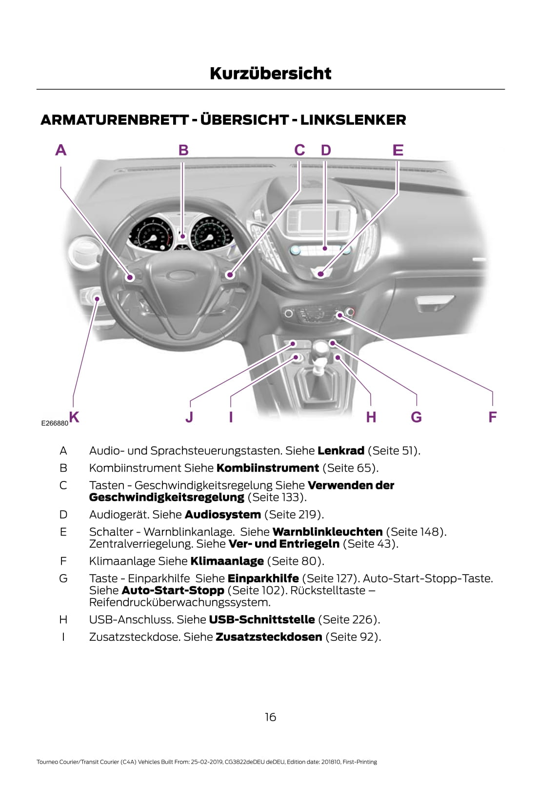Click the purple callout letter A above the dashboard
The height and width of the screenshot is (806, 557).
(x=60, y=150)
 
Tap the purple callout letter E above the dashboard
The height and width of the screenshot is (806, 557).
(x=398, y=150)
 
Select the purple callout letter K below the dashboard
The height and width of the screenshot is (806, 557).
(x=74, y=417)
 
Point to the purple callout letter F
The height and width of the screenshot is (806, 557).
(x=492, y=417)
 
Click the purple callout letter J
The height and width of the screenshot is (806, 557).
(x=189, y=417)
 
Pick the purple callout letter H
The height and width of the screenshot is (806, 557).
(x=371, y=417)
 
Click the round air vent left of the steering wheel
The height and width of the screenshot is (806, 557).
(x=85, y=253)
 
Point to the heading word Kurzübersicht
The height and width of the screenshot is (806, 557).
(x=270, y=74)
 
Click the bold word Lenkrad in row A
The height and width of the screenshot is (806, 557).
(x=340, y=451)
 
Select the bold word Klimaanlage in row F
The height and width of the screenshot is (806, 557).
(x=227, y=561)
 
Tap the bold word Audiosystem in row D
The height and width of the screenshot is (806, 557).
(x=222, y=515)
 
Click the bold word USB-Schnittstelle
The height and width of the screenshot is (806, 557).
(x=261, y=619)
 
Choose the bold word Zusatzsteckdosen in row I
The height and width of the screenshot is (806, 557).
(x=269, y=637)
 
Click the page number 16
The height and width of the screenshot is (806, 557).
(x=270, y=717)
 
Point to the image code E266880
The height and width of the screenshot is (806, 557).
(x=55, y=423)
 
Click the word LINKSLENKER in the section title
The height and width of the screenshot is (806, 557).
(x=353, y=120)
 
